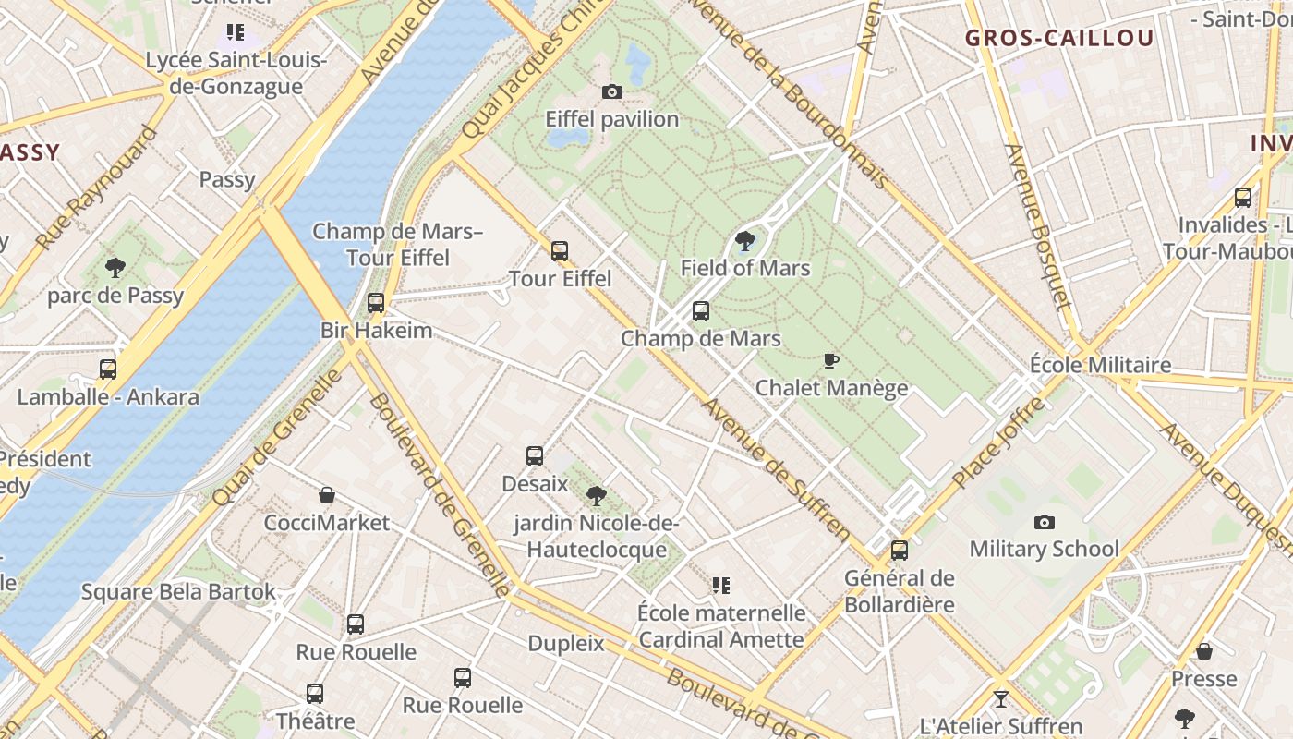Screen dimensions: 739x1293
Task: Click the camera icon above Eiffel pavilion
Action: (x=611, y=91)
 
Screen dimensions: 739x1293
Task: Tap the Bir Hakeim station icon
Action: (x=376, y=302)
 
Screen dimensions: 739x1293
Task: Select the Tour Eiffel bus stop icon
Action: (x=560, y=250)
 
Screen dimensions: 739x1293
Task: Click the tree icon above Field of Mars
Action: (x=744, y=241)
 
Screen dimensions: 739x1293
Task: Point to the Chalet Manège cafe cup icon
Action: (x=831, y=360)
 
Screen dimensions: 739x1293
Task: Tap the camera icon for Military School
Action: (x=1045, y=522)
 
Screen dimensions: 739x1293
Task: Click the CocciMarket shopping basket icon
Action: (x=327, y=495)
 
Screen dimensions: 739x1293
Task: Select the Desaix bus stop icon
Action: (x=535, y=455)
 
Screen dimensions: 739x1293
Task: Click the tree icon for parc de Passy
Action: (x=115, y=268)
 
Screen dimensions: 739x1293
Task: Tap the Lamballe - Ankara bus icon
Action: (x=108, y=369)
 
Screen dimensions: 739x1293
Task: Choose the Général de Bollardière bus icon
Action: (x=900, y=551)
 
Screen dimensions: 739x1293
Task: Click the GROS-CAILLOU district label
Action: (x=1059, y=38)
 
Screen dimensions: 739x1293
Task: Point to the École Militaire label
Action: (x=1100, y=365)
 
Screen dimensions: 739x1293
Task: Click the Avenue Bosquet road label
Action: (x=1038, y=226)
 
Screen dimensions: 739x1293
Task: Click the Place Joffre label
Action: (x=997, y=442)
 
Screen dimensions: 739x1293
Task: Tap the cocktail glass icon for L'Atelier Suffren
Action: (x=1000, y=698)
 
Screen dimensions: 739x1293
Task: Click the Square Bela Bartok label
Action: (x=178, y=591)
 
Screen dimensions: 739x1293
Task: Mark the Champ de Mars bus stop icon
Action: (x=701, y=311)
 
